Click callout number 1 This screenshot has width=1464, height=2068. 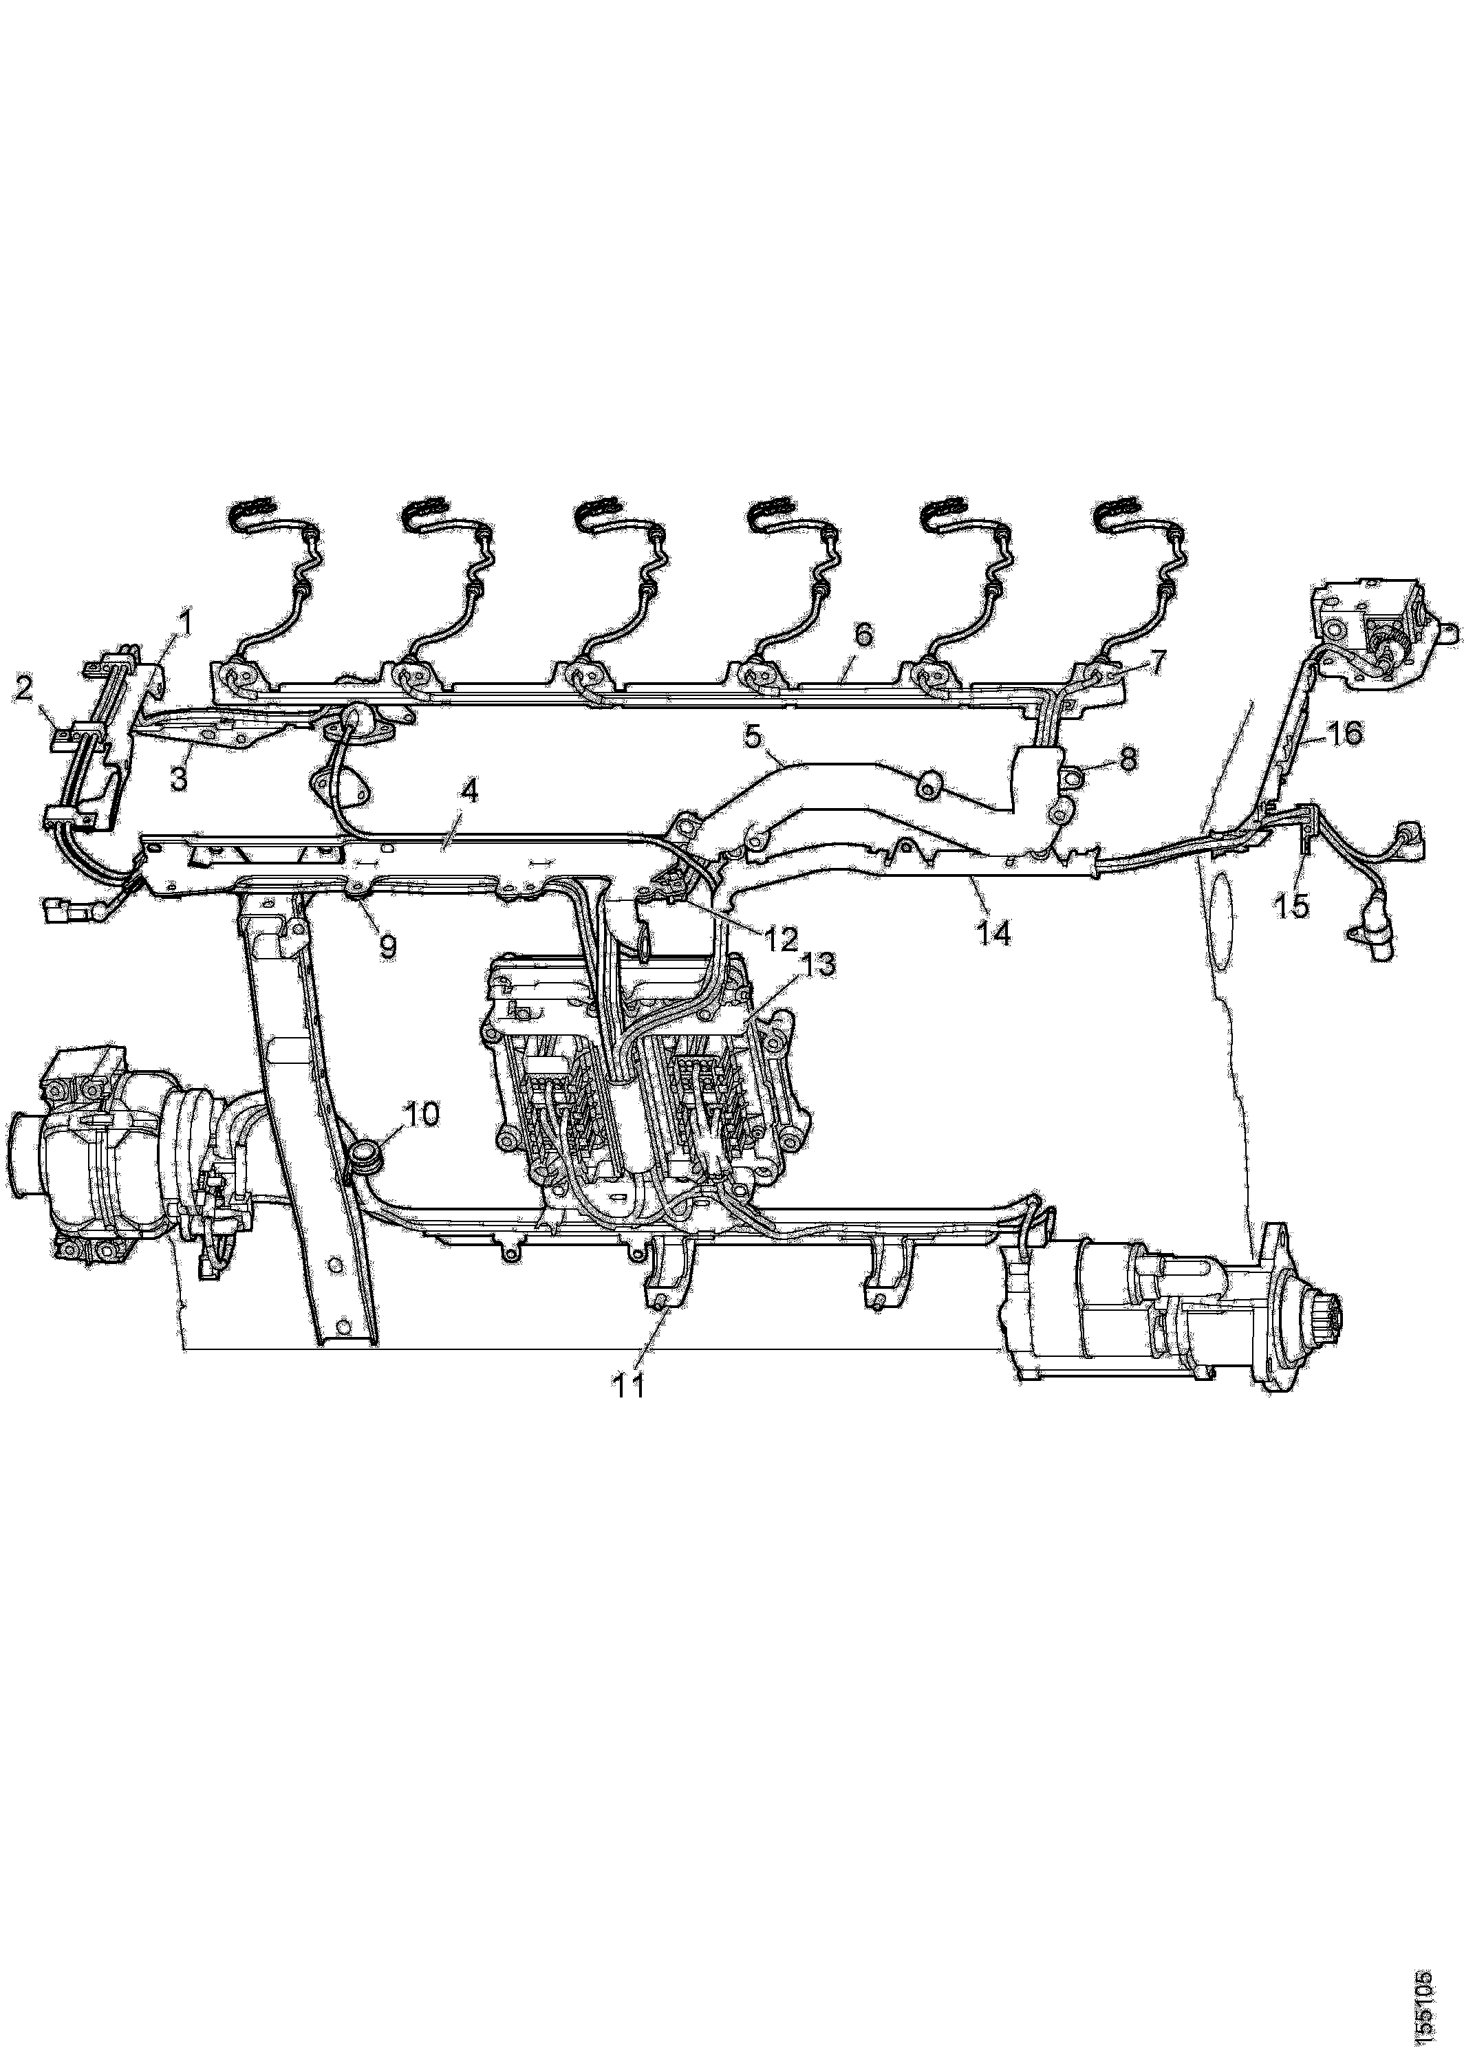tap(186, 622)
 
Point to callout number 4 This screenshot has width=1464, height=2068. tap(468, 793)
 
